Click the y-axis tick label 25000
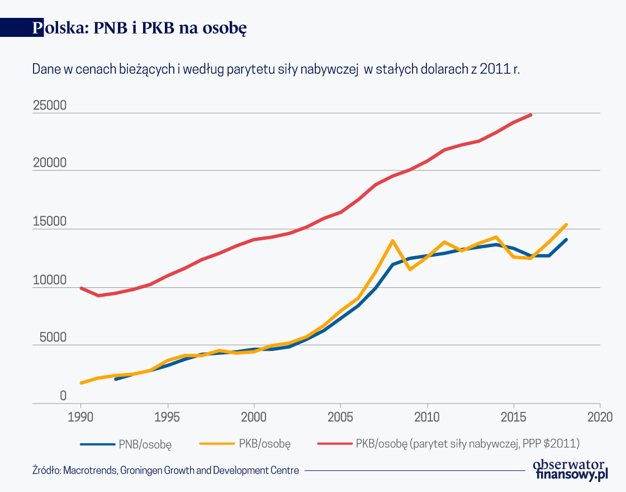[50, 106]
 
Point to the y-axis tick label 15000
[50, 221]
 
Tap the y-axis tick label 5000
[53, 338]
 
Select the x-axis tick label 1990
[80, 417]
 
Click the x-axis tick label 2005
[340, 417]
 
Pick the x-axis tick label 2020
[600, 417]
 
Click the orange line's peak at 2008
[392, 241]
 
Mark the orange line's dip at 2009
[410, 269]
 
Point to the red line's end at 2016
[531, 115]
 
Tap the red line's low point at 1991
[98, 295]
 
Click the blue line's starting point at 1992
[116, 379]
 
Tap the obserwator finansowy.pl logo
[570, 469]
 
